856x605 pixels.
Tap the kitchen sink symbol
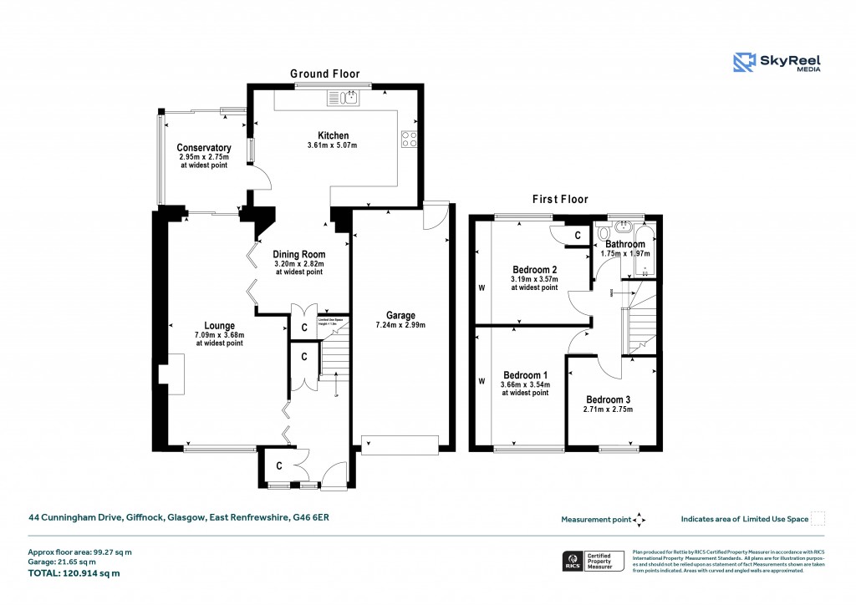coord(349,99)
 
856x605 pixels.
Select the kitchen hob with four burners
coord(410,140)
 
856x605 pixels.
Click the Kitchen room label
coord(333,135)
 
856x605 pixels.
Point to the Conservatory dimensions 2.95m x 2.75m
coord(203,157)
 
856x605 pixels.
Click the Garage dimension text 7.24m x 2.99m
coord(401,324)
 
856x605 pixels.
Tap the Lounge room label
coord(220,326)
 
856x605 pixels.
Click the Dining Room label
coord(299,255)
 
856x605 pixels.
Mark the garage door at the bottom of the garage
coord(399,445)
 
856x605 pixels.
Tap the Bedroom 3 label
coord(609,399)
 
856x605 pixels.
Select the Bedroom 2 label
coord(535,269)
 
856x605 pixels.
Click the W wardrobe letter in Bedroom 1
coord(481,382)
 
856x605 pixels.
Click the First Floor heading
coord(560,200)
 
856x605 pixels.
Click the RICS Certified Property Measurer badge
coord(592,562)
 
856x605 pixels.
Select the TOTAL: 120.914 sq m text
coord(74,573)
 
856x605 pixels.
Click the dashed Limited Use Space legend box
coord(818,519)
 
